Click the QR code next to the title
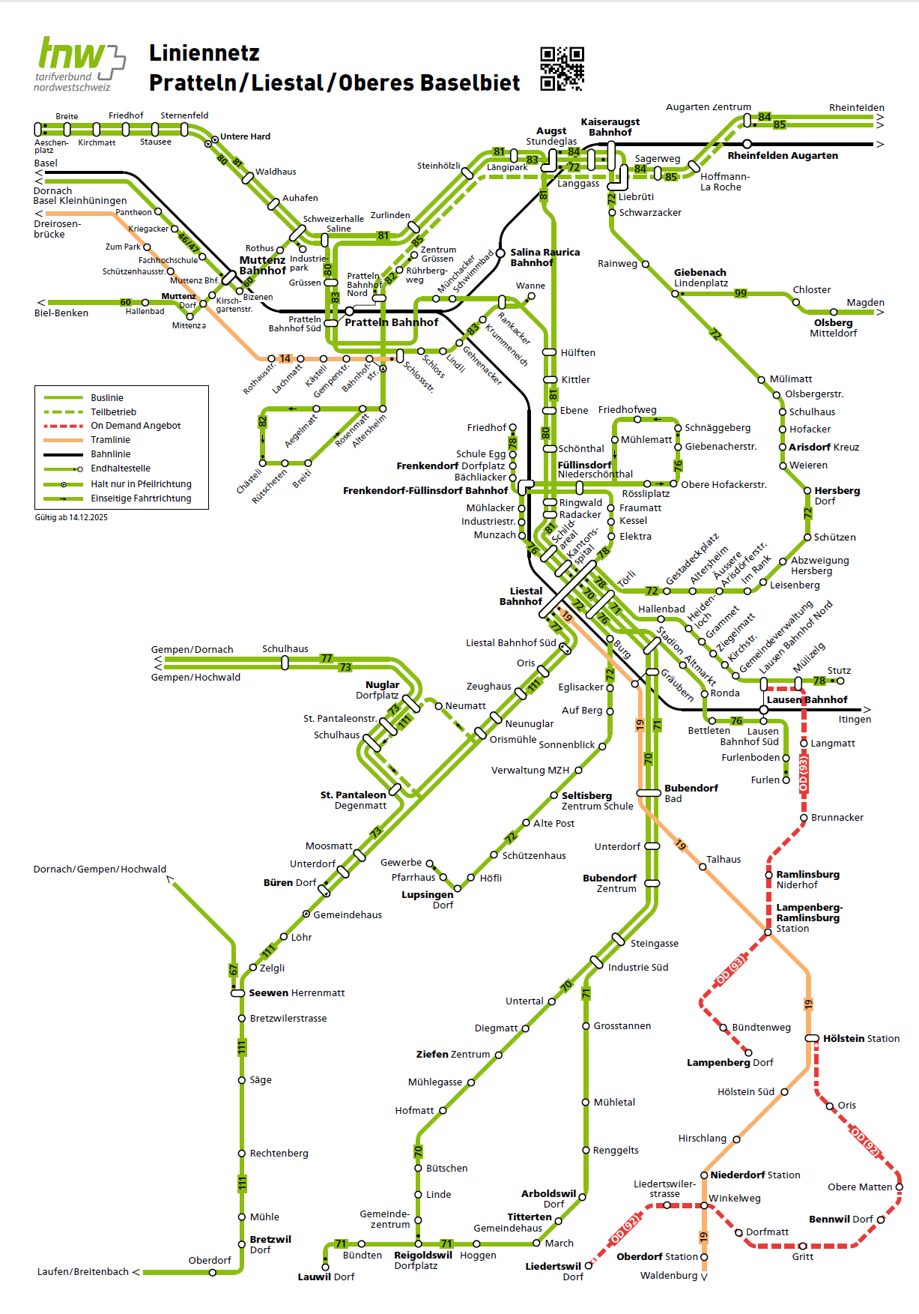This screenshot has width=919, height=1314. click(562, 69)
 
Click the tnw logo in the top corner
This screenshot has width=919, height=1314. click(79, 64)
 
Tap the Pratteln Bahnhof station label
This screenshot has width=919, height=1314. click(391, 322)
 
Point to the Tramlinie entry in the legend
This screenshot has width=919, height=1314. click(110, 440)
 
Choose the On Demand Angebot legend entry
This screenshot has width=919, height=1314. click(136, 426)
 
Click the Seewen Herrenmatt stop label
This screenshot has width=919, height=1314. click(297, 993)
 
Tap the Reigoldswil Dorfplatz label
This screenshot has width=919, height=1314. click(423, 1260)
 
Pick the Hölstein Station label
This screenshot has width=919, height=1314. click(861, 1039)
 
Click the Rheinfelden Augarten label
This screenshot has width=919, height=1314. click(783, 156)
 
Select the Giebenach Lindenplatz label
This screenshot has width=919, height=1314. click(700, 277)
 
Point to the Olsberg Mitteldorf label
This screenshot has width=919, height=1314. click(833, 328)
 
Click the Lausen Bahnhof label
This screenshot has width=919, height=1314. click(807, 700)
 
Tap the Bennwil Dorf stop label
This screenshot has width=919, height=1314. click(840, 1220)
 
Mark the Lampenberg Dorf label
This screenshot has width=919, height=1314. click(730, 1063)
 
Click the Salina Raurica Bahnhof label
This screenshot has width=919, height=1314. click(545, 257)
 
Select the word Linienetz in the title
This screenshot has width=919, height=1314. click(204, 53)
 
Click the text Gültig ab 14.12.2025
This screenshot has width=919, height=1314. click(71, 517)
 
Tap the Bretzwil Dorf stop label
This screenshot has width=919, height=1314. click(270, 1244)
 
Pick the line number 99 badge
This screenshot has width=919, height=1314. click(740, 294)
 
